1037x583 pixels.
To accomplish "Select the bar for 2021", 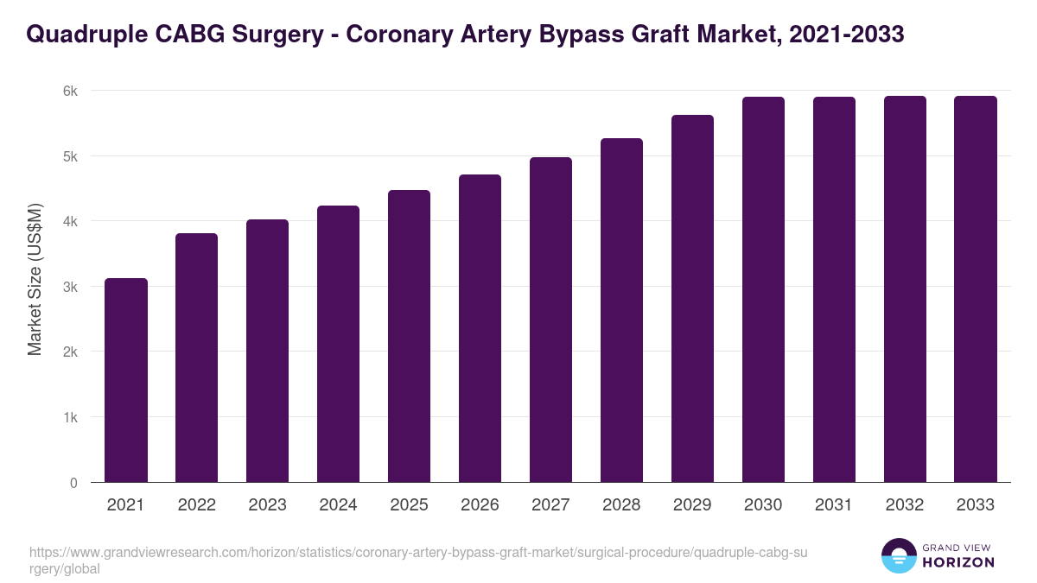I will [x=126, y=380].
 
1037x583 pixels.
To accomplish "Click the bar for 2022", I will [x=197, y=358].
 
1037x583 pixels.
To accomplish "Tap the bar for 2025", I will [x=410, y=336].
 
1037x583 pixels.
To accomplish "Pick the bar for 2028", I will [x=622, y=310].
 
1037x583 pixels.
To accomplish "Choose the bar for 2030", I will [x=764, y=289].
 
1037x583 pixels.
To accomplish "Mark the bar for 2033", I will [x=977, y=289].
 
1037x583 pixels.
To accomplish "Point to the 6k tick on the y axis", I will [x=70, y=91].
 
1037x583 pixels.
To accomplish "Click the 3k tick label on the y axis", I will [x=70, y=287].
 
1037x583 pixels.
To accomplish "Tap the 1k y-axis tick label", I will [x=70, y=417].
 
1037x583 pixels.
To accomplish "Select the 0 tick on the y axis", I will [x=74, y=483].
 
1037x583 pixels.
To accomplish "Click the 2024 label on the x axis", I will [x=339, y=505].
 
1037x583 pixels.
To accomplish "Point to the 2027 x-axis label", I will [x=551, y=505].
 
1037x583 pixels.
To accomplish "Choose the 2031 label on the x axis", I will [x=835, y=505].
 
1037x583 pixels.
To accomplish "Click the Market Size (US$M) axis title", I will [x=35, y=279].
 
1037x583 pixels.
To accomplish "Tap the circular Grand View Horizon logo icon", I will [x=899, y=556].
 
